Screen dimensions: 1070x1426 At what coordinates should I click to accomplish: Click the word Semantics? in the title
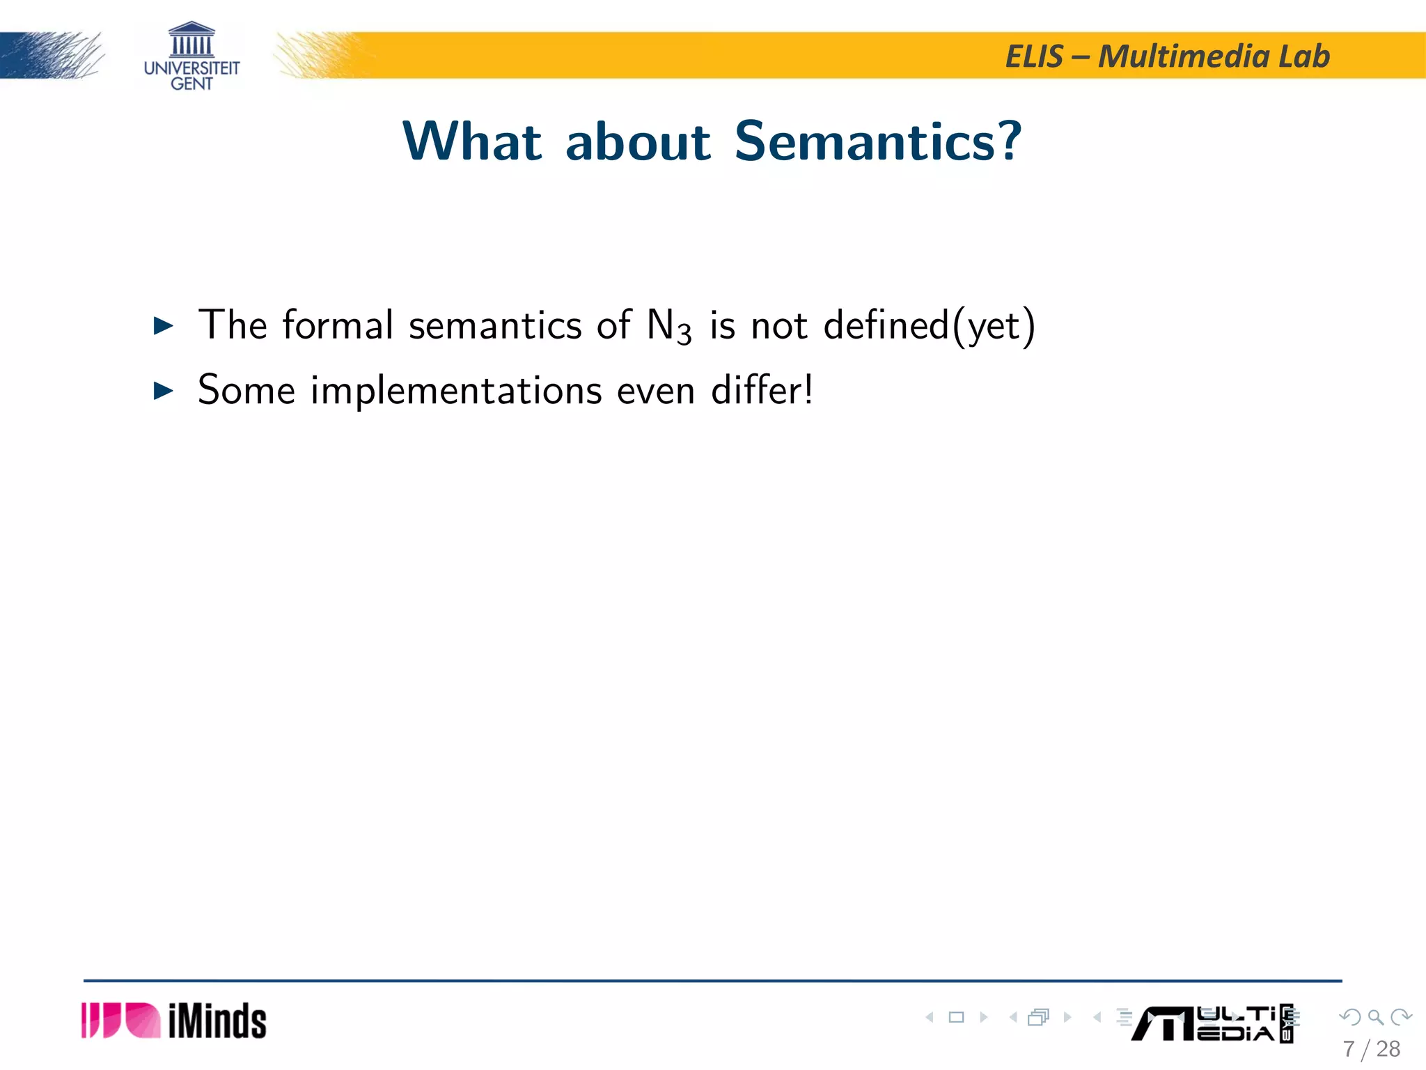[877, 141]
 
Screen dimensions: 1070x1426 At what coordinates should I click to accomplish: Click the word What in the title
[472, 141]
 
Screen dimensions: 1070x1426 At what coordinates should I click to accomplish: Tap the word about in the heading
[638, 141]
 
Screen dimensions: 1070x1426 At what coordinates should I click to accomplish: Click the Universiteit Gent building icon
[191, 40]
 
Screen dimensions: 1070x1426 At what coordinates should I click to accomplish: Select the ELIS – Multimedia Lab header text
[1167, 56]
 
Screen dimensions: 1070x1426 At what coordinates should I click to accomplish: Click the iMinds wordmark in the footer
[217, 1021]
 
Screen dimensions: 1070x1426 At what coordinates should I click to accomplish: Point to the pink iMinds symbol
[120, 1021]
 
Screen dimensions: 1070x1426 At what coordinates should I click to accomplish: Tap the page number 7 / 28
[1371, 1048]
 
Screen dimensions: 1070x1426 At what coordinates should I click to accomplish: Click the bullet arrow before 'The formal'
[163, 325]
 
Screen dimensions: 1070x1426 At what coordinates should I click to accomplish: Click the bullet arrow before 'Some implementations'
[163, 391]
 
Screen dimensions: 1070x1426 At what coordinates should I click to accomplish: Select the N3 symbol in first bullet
[668, 326]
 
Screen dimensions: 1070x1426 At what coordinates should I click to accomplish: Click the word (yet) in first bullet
[994, 326]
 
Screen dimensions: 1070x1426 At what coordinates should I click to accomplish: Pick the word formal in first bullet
[338, 325]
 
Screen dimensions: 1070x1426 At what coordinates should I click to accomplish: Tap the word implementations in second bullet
[455, 391]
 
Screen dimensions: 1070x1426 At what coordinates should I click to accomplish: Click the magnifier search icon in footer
[1375, 1017]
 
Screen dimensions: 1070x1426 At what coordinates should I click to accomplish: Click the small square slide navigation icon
[956, 1017]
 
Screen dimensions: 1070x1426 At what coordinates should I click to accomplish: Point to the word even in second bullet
[655, 391]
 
